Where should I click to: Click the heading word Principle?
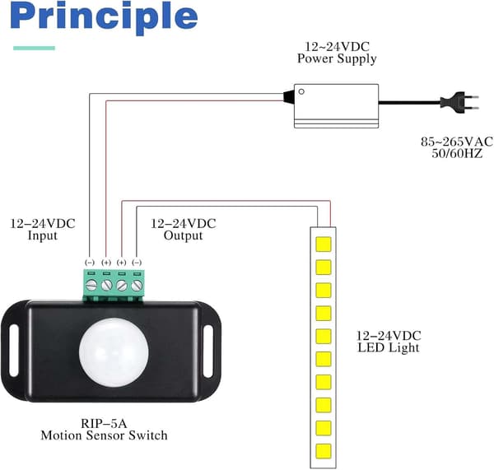[104, 17]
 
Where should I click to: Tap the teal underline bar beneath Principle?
[34, 49]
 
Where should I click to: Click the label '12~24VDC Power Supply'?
[337, 53]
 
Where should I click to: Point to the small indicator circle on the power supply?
[301, 91]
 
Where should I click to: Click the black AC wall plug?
[459, 102]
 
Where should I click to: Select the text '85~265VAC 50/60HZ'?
[457, 147]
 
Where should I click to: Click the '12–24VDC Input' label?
[43, 230]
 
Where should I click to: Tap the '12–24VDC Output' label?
[183, 230]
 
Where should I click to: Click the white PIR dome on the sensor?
[114, 352]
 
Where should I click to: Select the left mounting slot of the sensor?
[14, 351]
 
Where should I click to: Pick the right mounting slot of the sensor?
[208, 351]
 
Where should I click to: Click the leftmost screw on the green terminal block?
[91, 286]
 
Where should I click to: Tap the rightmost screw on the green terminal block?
[137, 286]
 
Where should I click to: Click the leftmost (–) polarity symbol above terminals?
[90, 263]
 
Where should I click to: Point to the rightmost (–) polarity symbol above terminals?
[137, 263]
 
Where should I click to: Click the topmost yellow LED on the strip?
[324, 244]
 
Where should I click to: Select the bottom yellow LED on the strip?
[324, 451]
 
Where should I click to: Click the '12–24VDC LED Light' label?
[389, 342]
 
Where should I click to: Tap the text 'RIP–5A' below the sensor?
[104, 423]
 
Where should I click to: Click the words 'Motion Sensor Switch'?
[104, 435]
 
